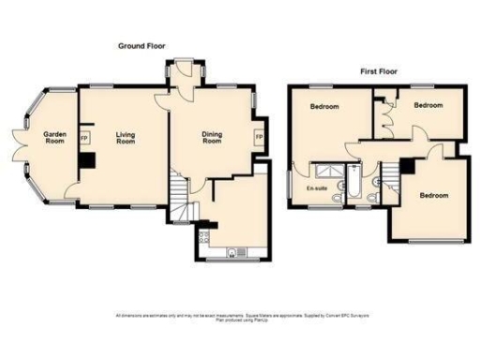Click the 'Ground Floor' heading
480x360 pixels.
point(142,46)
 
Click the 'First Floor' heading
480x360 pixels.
point(380,71)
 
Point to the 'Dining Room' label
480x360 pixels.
point(212,138)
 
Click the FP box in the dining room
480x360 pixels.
point(259,138)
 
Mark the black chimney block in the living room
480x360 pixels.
point(87,160)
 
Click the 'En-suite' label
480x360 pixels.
point(316,188)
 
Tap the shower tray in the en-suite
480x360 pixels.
point(329,170)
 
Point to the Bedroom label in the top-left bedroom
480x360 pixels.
point(324,108)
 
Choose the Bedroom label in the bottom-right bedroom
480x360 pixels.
point(433,195)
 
